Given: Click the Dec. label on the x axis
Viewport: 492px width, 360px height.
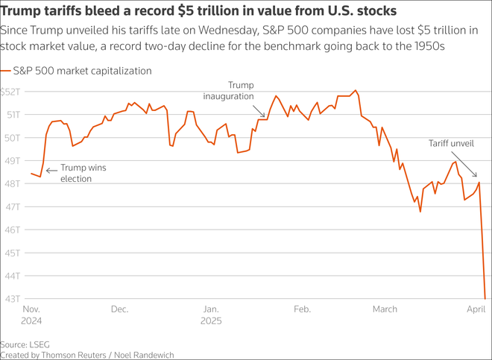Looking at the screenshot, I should (x=119, y=309).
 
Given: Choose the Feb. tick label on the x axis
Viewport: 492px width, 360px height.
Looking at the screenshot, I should (x=302, y=309).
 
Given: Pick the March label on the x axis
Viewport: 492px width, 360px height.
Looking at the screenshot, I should (x=385, y=309).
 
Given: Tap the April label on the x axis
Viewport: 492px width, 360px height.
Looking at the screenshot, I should (x=476, y=309).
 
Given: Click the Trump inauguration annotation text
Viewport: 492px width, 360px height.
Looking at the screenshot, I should (x=240, y=91).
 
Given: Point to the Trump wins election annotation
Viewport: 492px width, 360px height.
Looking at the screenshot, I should (x=83, y=173).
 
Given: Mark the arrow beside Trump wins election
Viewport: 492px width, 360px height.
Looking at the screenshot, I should (x=51, y=171).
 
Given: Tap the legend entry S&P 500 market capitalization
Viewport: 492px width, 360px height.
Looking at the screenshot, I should (x=82, y=71).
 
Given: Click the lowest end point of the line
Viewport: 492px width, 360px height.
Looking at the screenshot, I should (x=485, y=298).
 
